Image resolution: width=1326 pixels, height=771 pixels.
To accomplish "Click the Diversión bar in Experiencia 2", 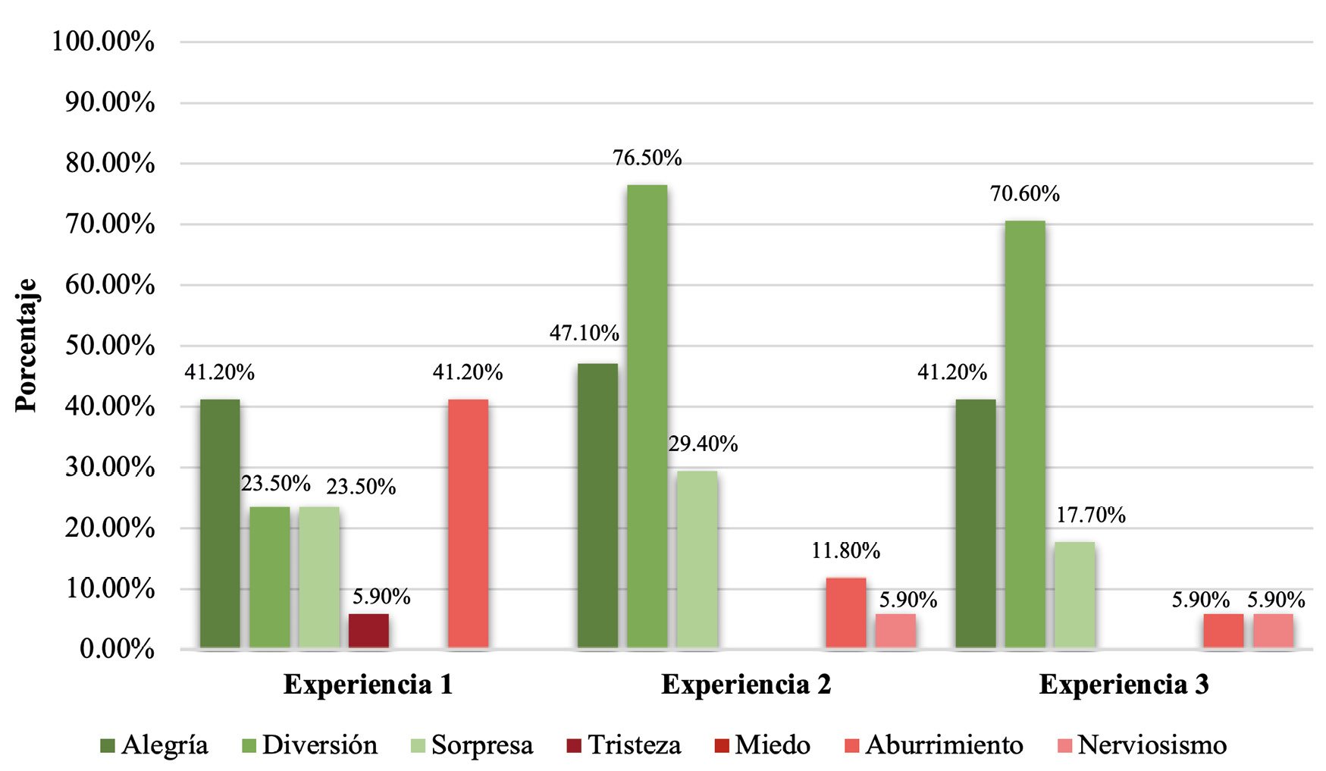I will click(x=647, y=417).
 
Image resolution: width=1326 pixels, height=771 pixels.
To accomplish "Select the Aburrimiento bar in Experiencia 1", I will click(x=468, y=524).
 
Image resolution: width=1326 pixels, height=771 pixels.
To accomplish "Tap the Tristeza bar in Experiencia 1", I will click(x=368, y=631).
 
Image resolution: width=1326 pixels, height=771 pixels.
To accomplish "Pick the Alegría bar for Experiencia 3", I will click(x=975, y=524).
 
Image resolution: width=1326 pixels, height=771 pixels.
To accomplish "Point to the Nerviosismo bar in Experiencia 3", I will click(x=1273, y=631).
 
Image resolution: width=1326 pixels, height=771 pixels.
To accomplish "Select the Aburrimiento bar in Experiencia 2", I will click(x=845, y=613).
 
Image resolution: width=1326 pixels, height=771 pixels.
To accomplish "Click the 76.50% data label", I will click(x=647, y=158).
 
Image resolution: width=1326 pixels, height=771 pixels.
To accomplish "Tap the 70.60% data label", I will click(x=1024, y=194).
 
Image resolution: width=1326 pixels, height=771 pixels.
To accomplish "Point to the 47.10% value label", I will click(x=584, y=333).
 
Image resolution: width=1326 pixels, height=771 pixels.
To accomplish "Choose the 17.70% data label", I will click(x=1090, y=516).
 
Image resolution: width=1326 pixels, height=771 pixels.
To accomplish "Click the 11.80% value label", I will click(x=845, y=551).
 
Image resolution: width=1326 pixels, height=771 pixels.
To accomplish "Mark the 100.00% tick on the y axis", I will click(x=103, y=42).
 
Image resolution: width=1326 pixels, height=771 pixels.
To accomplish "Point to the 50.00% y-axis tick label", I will click(x=110, y=346).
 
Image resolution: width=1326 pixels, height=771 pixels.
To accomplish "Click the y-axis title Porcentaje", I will click(x=27, y=346).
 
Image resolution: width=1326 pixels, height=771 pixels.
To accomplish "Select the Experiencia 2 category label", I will click(x=746, y=685).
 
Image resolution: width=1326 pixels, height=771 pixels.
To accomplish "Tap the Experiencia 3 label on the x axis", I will click(x=1124, y=685).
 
